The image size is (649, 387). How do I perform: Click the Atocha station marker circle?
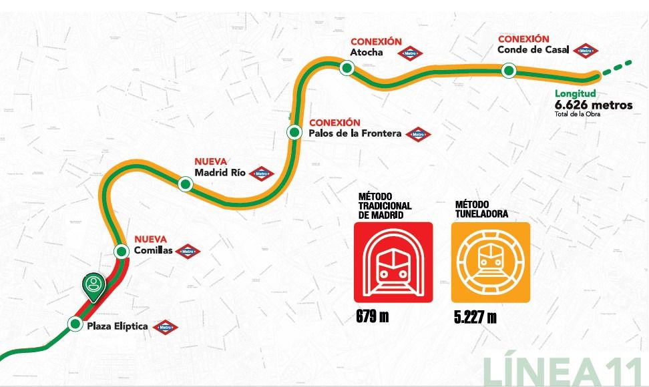pyautogui.click(x=347, y=67)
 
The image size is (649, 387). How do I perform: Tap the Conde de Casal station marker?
pyautogui.click(x=509, y=70)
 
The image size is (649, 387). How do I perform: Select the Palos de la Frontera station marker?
pyautogui.click(x=293, y=132)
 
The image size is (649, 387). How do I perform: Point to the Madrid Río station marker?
pyautogui.click(x=186, y=183)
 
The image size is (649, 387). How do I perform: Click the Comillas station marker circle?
pyautogui.click(x=121, y=252)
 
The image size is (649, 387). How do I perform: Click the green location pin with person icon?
pyautogui.click(x=94, y=287)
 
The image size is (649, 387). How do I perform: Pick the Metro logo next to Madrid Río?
pyautogui.click(x=261, y=173)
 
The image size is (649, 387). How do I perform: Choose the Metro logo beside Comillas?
pyautogui.click(x=187, y=252)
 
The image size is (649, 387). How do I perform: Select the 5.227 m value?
pyautogui.click(x=474, y=316)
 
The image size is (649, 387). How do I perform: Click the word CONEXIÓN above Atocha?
pyautogui.click(x=375, y=42)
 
